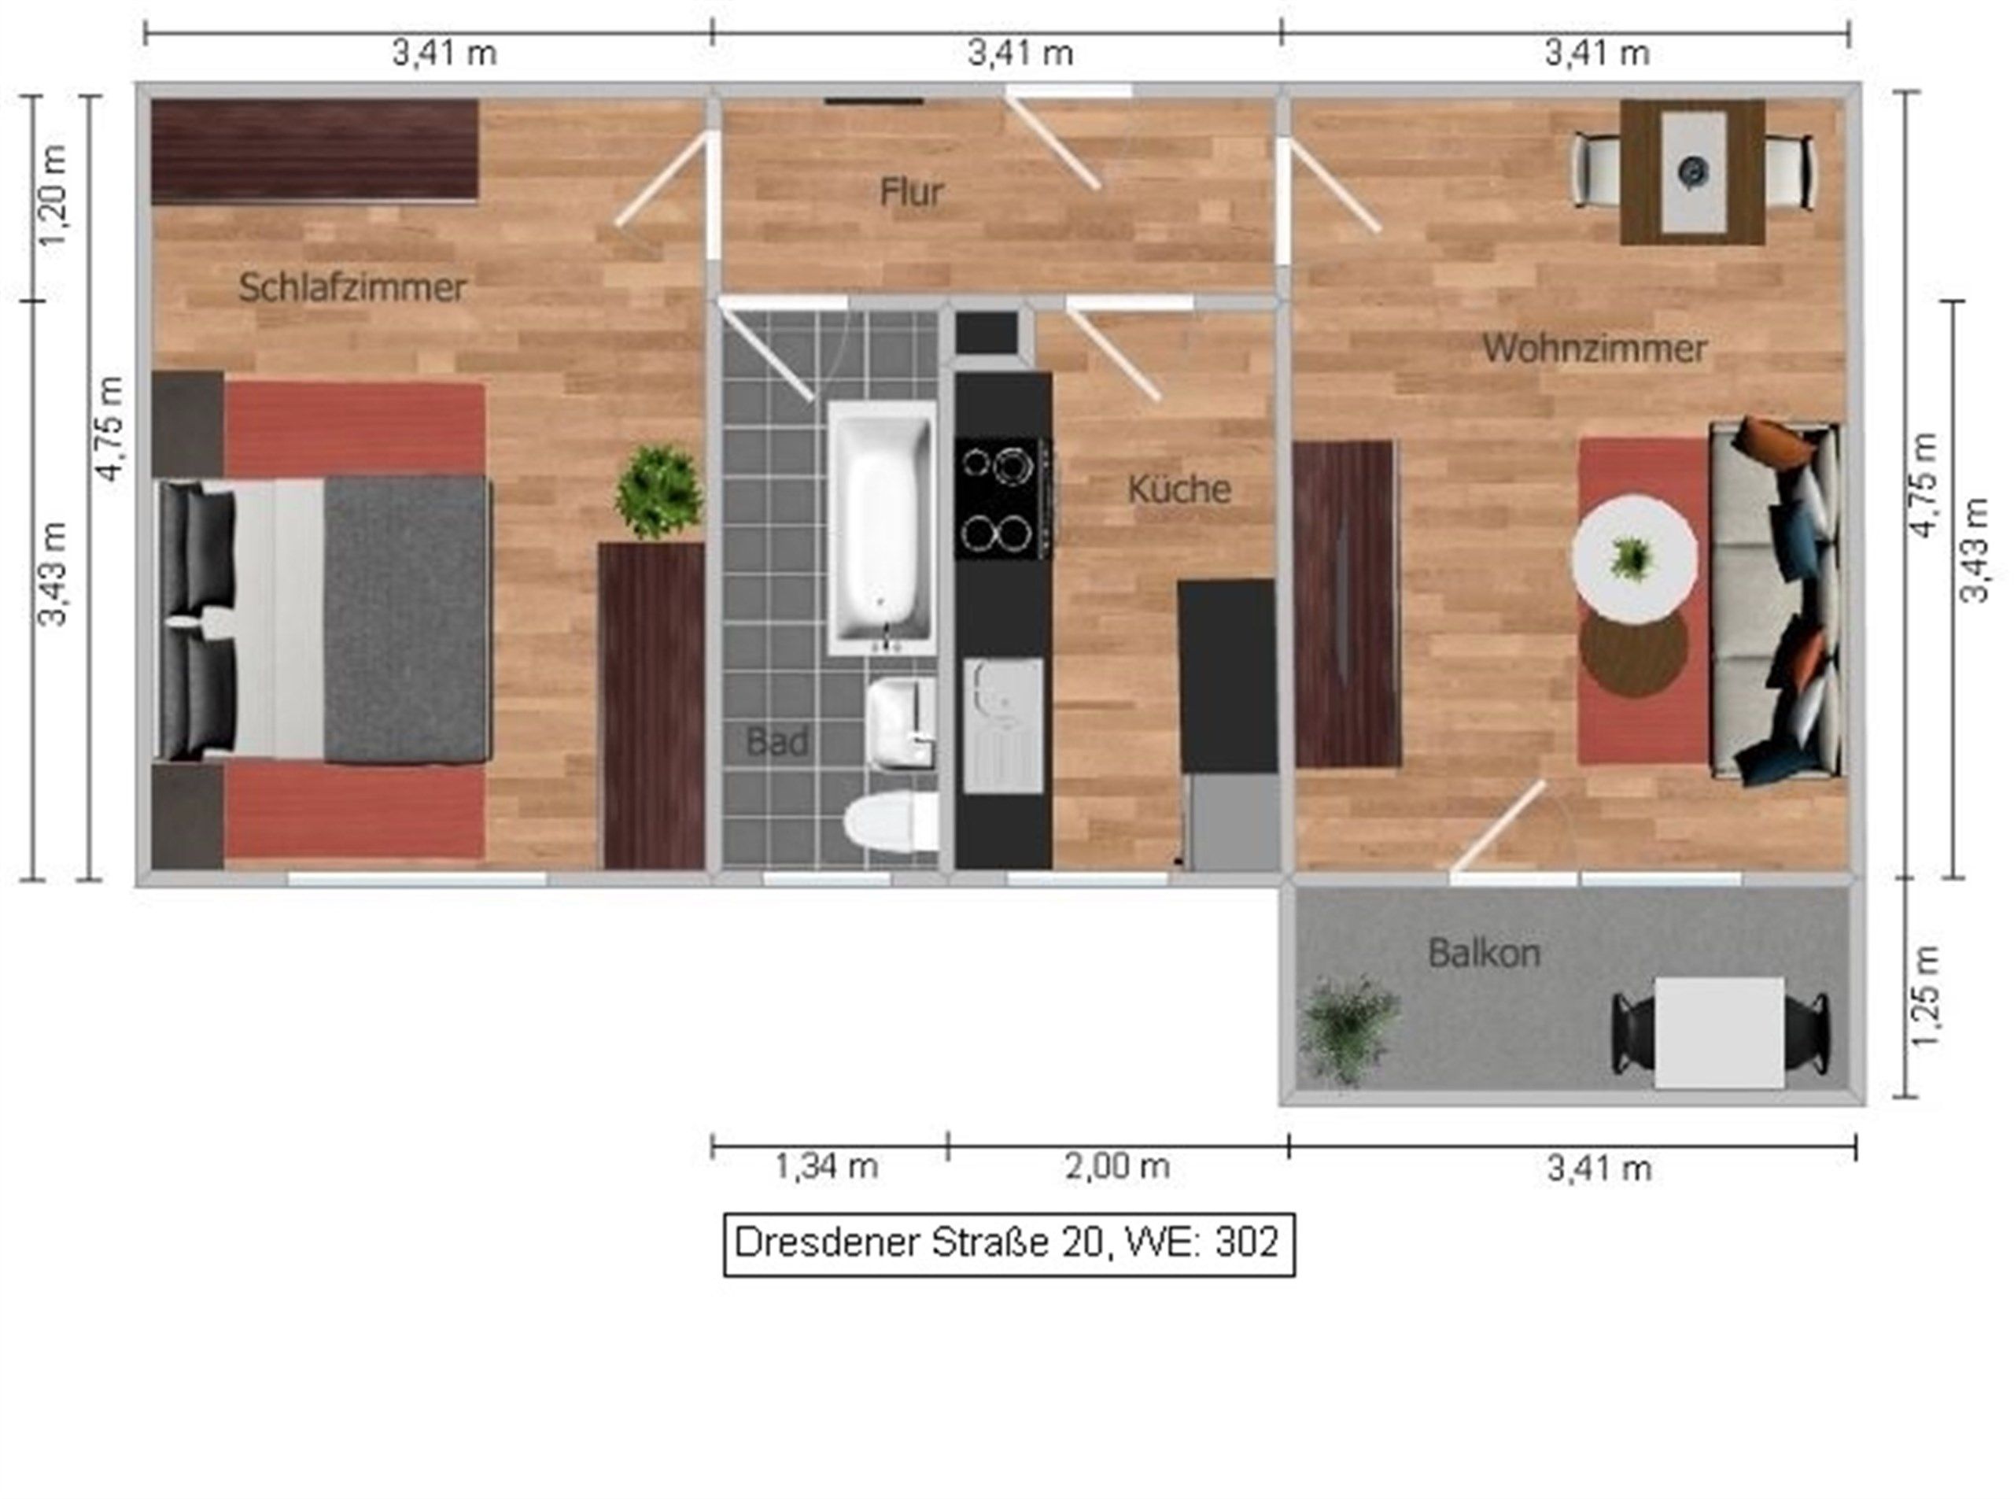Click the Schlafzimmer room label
point(352,288)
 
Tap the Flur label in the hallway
point(911,191)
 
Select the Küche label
point(1179,489)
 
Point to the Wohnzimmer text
point(1594,349)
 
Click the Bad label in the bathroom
point(776,742)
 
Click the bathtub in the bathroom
point(881,528)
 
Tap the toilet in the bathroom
point(890,822)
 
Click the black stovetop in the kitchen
point(1003,498)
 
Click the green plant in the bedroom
point(659,491)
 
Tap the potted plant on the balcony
point(1348,1029)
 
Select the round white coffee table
point(1634,557)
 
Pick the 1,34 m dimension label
point(827,1166)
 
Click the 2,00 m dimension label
point(1117,1166)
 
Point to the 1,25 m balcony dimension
point(1927,995)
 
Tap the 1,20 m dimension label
point(53,195)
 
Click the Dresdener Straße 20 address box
point(1009,1244)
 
